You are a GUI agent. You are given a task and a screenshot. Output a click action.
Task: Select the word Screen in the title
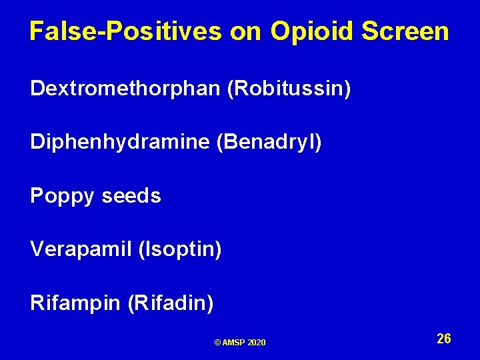pos(406,31)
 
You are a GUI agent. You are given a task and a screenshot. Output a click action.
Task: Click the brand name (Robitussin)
pos(289,89)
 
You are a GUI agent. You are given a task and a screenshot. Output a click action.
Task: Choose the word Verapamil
pos(80,250)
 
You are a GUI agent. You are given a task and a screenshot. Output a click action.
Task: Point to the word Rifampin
pos(74,303)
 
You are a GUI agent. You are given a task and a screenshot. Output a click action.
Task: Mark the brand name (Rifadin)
pos(170,303)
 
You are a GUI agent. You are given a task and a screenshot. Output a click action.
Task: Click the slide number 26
pos(444,339)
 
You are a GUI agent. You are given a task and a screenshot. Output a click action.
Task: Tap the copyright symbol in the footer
pos(217,343)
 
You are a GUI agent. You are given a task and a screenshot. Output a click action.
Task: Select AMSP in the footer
pos(234,343)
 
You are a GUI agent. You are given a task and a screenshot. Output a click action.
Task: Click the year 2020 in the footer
pos(257,343)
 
